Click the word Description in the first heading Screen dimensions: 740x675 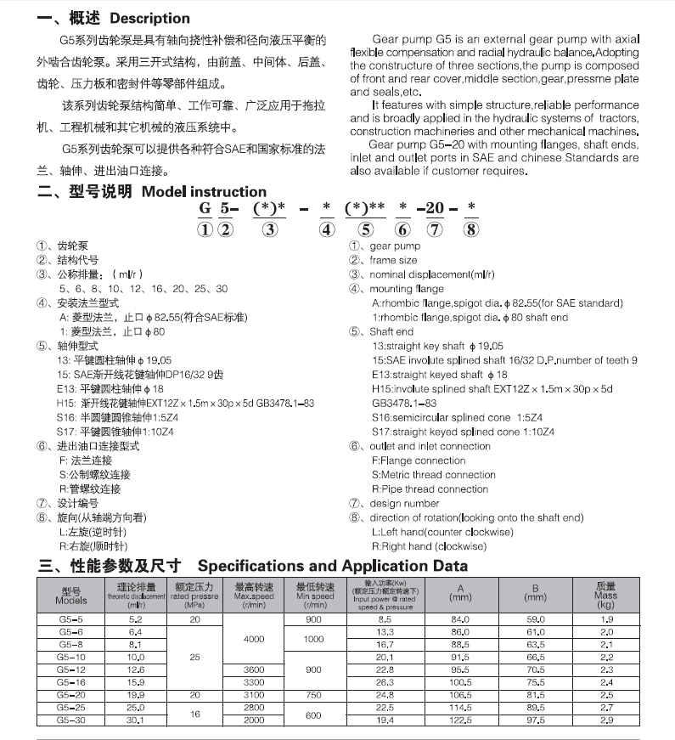coord(149,18)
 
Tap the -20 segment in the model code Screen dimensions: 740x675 coord(431,209)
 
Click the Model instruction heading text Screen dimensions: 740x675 coord(204,192)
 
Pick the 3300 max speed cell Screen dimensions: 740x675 coord(254,681)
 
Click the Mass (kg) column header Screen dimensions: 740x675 coord(606,596)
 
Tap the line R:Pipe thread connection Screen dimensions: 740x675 coord(430,489)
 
